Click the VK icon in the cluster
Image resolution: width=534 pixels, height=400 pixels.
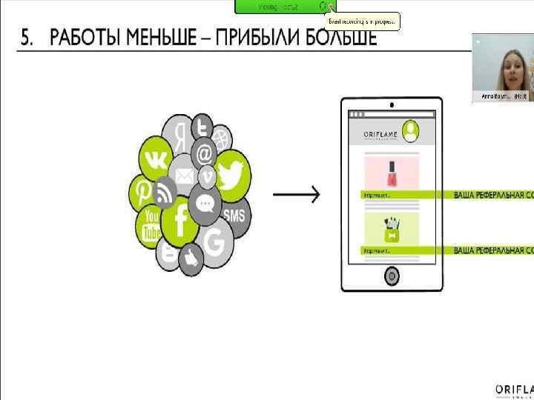[x=156, y=159]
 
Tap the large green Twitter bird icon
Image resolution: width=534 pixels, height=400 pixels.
[x=231, y=176]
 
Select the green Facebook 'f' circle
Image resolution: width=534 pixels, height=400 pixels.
[x=179, y=221]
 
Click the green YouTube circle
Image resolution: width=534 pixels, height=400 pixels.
[x=151, y=225]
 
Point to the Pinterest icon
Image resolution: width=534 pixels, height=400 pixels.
[x=142, y=192]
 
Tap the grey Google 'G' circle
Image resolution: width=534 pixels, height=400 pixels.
[x=215, y=242]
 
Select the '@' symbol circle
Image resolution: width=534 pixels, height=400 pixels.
[x=204, y=154]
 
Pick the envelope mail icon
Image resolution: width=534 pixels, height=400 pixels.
[x=184, y=176]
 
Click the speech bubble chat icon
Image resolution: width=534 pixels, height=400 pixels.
[x=203, y=202]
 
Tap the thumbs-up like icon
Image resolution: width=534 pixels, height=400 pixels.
[x=191, y=258]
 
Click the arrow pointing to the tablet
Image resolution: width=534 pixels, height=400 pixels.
[x=297, y=195]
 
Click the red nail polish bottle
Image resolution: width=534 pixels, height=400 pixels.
[x=391, y=175]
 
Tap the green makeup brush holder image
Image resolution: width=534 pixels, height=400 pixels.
[x=391, y=229]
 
